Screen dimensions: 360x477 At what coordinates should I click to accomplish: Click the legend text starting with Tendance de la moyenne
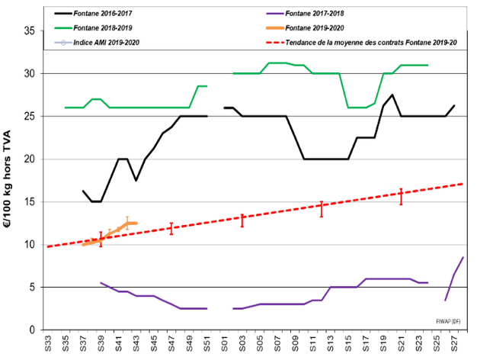370,42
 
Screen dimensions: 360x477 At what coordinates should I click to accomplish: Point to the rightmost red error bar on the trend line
401,197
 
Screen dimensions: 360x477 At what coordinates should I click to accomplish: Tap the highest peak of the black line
392,95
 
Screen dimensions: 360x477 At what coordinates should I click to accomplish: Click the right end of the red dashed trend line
463,184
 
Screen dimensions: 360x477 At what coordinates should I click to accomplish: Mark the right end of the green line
427,66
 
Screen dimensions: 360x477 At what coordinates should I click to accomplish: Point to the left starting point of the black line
83,191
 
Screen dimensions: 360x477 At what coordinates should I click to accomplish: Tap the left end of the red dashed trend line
47,246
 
